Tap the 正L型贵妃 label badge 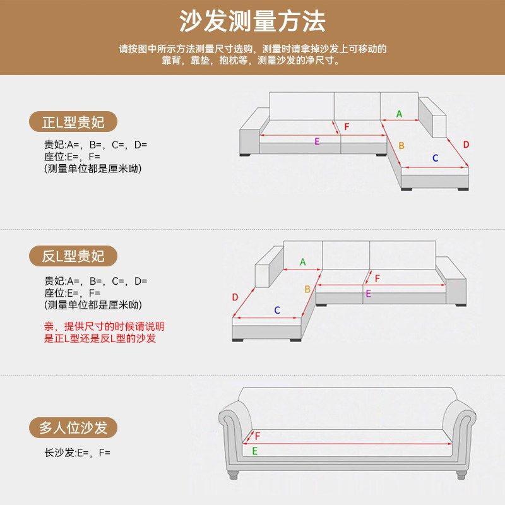[73, 122]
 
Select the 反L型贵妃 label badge [73, 256]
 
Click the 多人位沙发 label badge [73, 428]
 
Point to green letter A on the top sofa [399, 114]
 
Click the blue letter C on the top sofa [435, 158]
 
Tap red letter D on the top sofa [466, 145]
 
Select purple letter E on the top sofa [317, 141]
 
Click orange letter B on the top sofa [401, 146]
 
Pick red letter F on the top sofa [347, 127]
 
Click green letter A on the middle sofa [302, 262]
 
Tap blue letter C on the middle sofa [276, 310]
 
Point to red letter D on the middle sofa [235, 297]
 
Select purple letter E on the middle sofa [368, 294]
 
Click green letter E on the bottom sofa [255, 451]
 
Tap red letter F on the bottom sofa [258, 436]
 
